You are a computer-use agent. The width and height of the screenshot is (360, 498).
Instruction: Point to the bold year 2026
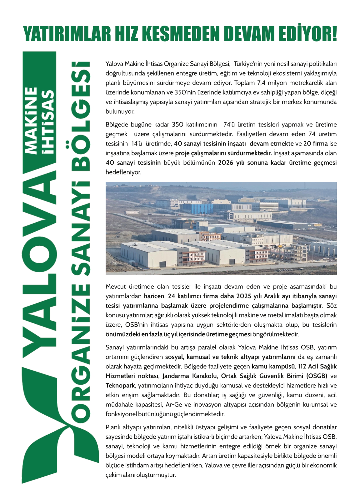pyautogui.click(x=226, y=163)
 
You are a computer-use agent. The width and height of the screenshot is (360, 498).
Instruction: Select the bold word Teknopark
pyautogui.click(x=120, y=386)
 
